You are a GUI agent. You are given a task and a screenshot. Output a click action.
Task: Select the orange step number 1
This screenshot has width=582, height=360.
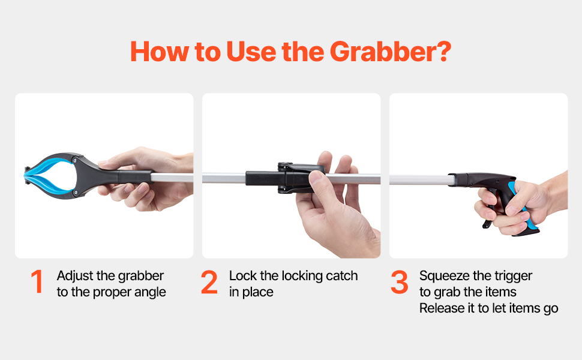click(37, 281)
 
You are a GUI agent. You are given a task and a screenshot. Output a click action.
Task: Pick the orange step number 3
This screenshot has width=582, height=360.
click(400, 282)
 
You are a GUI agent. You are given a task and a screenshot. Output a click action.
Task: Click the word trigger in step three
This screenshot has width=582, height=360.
click(514, 277)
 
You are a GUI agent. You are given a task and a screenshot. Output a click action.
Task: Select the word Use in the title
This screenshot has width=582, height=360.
click(251, 52)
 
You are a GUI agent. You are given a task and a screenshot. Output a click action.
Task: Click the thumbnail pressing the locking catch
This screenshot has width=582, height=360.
click(315, 177)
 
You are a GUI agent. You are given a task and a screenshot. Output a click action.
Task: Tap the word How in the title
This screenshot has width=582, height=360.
click(160, 52)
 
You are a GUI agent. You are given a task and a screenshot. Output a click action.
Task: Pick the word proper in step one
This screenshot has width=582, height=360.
click(112, 293)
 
